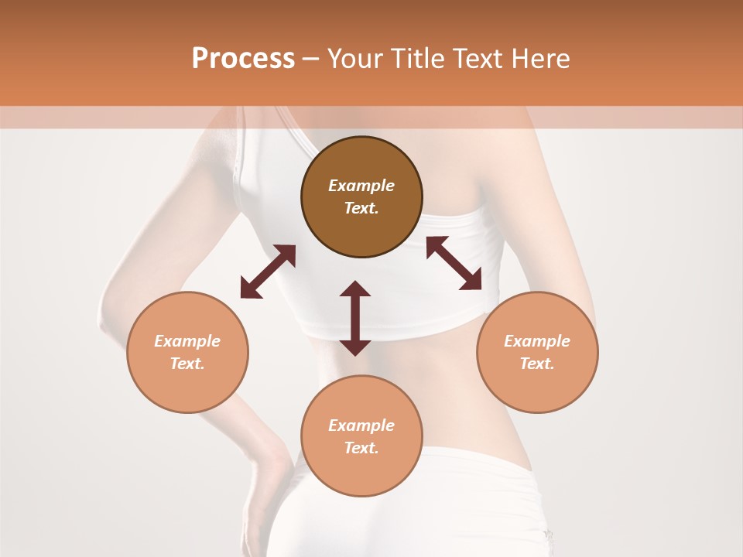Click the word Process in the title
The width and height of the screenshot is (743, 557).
[243, 59]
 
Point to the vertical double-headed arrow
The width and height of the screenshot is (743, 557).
[355, 318]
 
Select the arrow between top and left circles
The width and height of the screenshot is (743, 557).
[268, 272]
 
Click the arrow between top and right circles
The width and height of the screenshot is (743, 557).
[454, 263]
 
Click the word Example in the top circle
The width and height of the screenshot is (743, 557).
[361, 186]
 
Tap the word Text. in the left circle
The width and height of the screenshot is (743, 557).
[187, 364]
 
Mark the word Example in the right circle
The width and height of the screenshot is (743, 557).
[537, 341]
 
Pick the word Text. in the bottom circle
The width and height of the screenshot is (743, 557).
[361, 448]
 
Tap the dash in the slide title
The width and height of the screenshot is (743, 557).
[310, 59]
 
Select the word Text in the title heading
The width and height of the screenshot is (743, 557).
[481, 59]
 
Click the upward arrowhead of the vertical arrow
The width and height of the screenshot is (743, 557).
[355, 289]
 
